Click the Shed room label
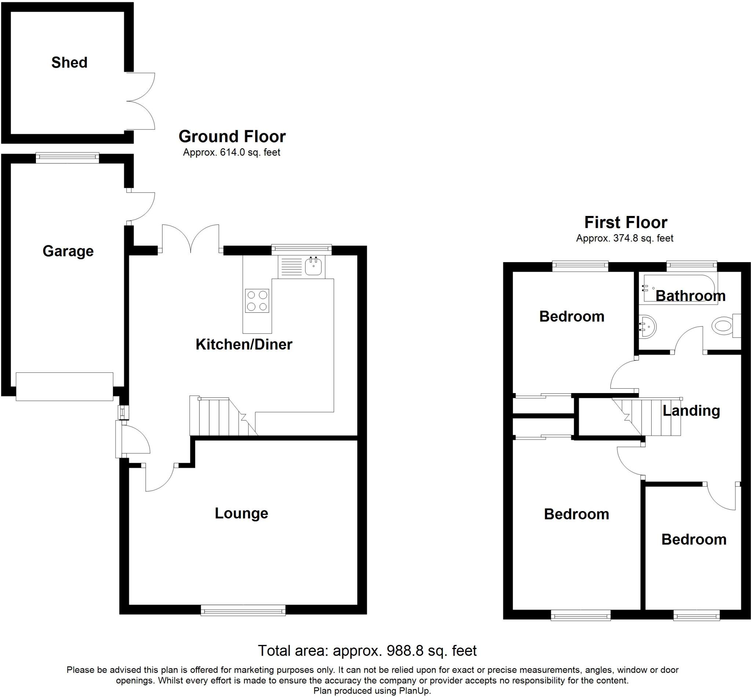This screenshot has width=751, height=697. tap(69, 63)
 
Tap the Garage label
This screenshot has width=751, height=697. tap(68, 251)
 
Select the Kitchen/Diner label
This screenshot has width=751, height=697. tap(243, 344)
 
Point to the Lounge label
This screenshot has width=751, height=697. tap(241, 513)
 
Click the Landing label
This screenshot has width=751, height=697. tap(691, 411)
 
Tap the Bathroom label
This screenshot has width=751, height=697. tap(690, 296)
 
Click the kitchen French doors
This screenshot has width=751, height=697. tap(191, 238)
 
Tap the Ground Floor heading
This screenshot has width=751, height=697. tap(232, 136)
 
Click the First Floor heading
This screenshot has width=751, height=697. tap(625, 223)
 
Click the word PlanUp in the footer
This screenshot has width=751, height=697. tap(415, 691)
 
